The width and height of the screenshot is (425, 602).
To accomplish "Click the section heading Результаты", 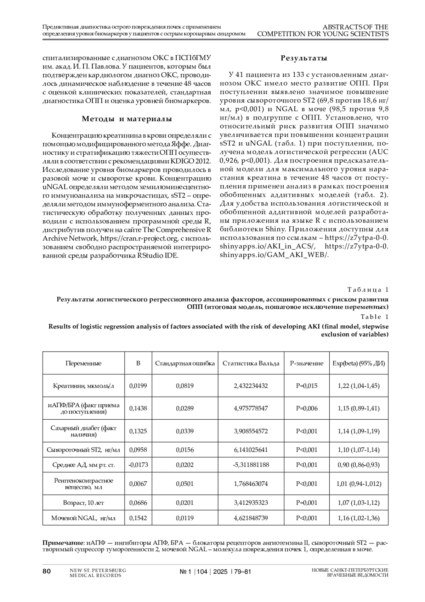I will click(304, 58).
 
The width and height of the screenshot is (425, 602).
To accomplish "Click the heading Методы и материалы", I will click(127, 119).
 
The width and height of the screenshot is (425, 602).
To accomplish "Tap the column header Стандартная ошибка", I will click(185, 363).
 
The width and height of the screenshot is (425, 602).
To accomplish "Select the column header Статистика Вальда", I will click(251, 363).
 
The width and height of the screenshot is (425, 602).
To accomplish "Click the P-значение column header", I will click(306, 363).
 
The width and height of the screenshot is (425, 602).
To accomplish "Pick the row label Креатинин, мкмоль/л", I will click(84, 386).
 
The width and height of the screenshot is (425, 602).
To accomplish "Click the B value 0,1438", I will click(138, 408).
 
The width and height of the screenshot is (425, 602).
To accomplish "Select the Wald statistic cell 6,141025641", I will click(251, 450).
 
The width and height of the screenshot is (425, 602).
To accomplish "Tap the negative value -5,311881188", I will click(251, 465).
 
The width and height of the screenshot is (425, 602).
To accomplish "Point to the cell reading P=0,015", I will click(306, 386).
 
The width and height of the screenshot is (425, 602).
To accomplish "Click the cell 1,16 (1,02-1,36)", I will click(358, 518).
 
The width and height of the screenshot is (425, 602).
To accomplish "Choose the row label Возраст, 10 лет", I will click(84, 503).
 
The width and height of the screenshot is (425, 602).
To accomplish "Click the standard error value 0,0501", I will click(185, 484).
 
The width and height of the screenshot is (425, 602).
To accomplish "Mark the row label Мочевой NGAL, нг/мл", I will click(84, 518).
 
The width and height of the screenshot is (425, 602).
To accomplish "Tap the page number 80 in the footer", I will click(47, 571).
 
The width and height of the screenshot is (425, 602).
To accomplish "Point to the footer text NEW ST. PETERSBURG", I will click(98, 570).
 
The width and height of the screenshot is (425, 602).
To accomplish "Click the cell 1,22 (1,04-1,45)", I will click(358, 386).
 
